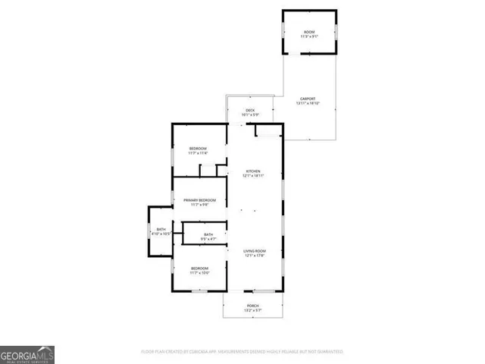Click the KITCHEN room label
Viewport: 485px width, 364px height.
click(252, 171)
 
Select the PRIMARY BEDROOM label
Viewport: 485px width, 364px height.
click(199, 199)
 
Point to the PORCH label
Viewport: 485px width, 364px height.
click(252, 306)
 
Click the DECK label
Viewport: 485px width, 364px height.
click(251, 111)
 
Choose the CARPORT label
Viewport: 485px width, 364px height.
click(308, 99)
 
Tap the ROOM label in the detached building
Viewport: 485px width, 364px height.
click(308, 31)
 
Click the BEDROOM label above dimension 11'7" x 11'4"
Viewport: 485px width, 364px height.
click(199, 147)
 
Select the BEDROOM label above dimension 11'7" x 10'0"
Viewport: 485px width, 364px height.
click(199, 268)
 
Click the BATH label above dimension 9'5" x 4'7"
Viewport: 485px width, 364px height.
click(208, 234)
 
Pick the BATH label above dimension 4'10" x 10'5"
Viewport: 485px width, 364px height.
click(161, 229)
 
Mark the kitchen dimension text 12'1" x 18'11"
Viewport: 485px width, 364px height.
click(252, 176)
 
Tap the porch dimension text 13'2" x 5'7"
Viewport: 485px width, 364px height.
click(252, 311)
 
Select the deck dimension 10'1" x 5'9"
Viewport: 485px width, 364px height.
click(251, 115)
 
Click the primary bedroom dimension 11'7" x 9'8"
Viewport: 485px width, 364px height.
click(199, 205)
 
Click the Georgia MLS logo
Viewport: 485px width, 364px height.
click(27, 354)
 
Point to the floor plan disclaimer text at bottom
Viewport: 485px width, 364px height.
click(242, 352)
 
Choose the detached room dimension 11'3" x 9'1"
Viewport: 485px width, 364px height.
click(308, 36)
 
